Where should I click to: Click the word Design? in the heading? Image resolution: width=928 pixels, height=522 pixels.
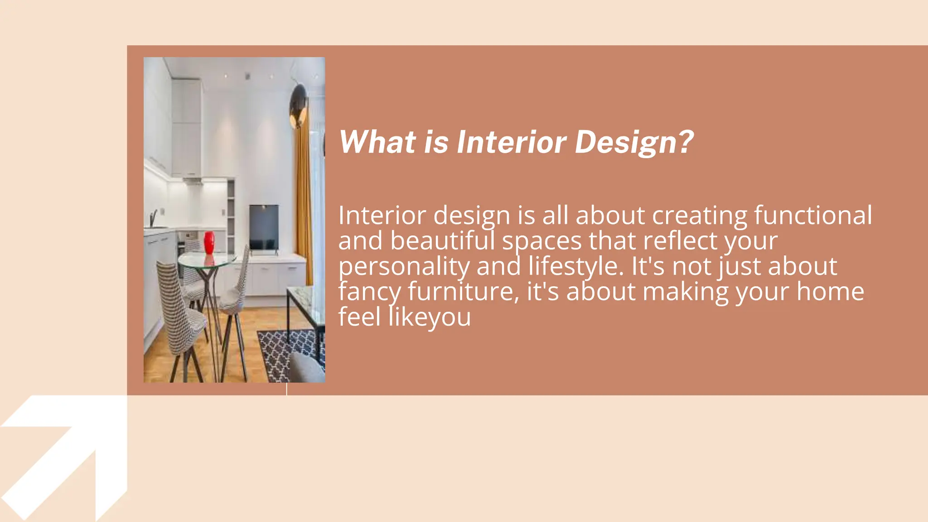[634, 142]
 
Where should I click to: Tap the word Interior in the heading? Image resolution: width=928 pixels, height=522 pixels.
[511, 142]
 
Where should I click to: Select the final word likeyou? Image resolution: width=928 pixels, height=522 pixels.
[430, 317]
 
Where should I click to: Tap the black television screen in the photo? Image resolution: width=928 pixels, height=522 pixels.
[264, 227]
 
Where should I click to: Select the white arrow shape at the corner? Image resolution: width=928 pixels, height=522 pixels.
[68, 453]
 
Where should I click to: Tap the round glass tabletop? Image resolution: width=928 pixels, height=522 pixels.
[207, 260]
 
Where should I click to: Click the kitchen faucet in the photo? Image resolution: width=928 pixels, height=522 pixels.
[154, 217]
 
